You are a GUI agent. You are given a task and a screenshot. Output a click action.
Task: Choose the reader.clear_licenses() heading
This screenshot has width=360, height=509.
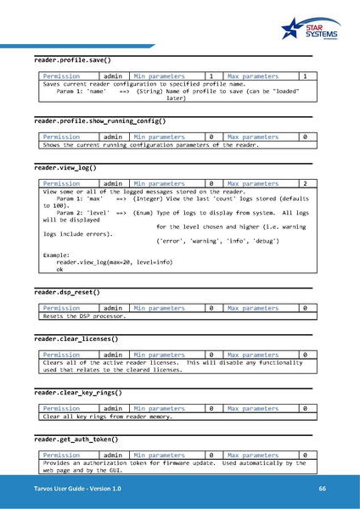[76, 339]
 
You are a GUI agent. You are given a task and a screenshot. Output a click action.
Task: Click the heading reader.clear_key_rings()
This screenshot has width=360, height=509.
[77, 393]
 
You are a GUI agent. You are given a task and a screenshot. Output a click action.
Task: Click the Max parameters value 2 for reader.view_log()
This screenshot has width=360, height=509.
[304, 182]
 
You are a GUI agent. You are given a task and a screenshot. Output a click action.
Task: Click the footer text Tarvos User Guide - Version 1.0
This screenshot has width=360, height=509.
[71, 489]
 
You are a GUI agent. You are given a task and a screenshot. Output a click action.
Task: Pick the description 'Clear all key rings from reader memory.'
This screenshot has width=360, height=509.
[108, 416]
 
